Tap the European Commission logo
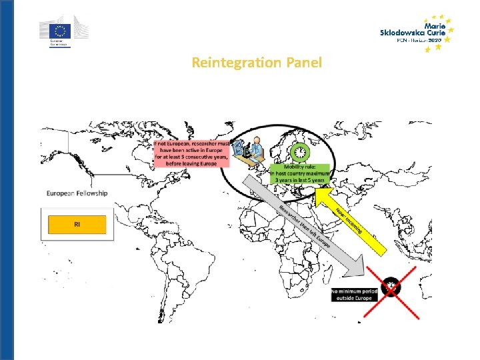(62, 31)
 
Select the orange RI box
(77, 225)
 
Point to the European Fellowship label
(77, 193)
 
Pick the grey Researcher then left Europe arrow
(313, 230)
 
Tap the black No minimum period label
(354, 294)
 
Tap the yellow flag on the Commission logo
(61, 29)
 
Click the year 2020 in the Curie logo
(434, 40)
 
